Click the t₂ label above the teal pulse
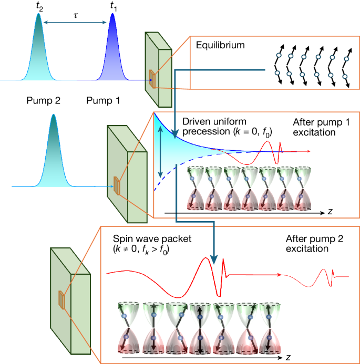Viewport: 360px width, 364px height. pyautogui.click(x=38, y=6)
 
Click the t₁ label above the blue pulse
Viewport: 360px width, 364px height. pyautogui.click(x=113, y=6)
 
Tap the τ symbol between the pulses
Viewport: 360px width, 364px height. pyautogui.click(x=76, y=16)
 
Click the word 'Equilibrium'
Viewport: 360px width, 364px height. pyautogui.click(x=220, y=45)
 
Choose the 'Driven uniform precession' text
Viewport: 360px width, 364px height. pyautogui.click(x=218, y=127)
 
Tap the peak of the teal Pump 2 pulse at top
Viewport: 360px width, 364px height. pyautogui.click(x=38, y=15)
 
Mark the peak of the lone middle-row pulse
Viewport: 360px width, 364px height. pyautogui.click(x=53, y=116)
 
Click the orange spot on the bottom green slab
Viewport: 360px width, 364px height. pyautogui.click(x=61, y=300)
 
